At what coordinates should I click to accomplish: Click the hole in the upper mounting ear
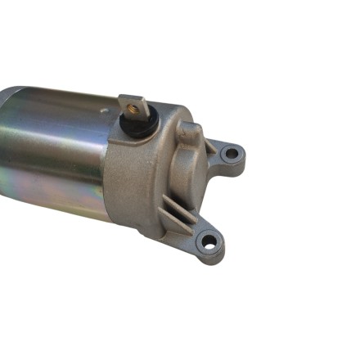[x=232, y=152]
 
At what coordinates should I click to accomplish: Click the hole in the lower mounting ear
[x=210, y=242]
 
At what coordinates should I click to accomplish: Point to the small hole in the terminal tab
[x=132, y=103]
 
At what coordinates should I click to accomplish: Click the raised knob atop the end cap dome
[x=190, y=130]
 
